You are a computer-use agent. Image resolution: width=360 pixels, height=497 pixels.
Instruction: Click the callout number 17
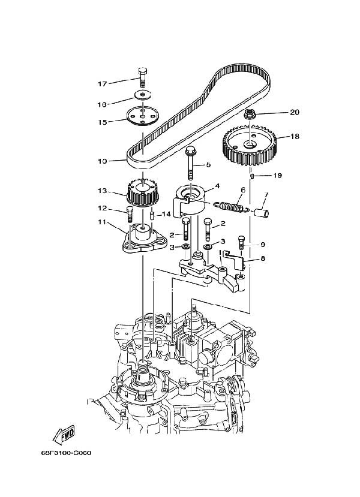click(102, 84)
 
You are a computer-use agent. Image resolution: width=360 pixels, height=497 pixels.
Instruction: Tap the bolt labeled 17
click(142, 77)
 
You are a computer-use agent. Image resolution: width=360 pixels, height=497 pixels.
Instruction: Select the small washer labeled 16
click(142, 94)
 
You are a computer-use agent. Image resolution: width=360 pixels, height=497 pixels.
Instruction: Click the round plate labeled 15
click(142, 116)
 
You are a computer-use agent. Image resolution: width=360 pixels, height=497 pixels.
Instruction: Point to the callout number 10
click(102, 161)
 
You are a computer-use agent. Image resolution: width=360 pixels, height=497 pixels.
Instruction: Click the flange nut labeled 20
click(250, 114)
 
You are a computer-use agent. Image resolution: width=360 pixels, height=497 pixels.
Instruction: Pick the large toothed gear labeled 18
click(250, 146)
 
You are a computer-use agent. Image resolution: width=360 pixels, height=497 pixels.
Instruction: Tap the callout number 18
click(295, 136)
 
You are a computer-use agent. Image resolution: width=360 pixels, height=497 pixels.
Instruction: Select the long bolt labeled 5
click(190, 163)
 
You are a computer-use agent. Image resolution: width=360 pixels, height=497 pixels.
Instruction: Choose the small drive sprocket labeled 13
click(143, 193)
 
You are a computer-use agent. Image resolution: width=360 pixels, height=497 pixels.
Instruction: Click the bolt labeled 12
click(130, 214)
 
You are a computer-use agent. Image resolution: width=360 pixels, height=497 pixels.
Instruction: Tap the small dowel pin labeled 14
click(152, 216)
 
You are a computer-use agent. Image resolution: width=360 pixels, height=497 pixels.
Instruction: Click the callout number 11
click(101, 222)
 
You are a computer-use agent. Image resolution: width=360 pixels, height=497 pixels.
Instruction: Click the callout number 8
click(263, 258)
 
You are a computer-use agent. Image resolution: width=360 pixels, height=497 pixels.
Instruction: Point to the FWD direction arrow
click(64, 435)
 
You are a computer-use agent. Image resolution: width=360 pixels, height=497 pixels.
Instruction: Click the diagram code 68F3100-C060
click(66, 453)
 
